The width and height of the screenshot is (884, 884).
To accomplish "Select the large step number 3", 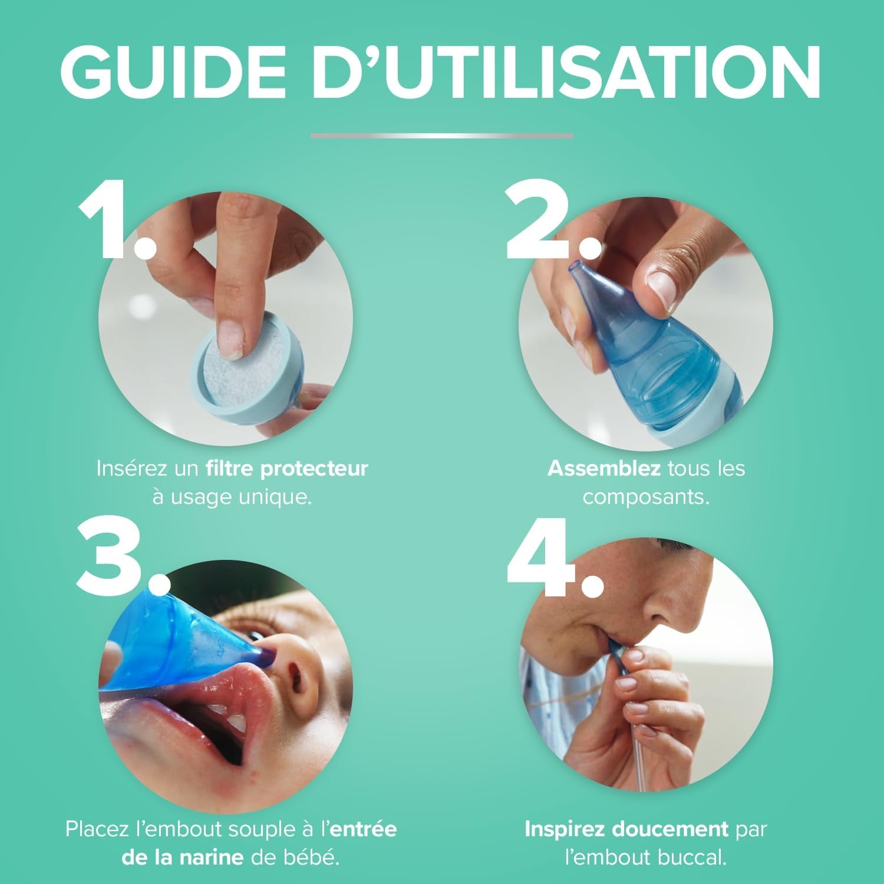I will click(118, 557).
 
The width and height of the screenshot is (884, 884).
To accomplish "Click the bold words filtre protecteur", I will click(287, 469).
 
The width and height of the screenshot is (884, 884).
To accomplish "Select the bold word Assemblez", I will click(603, 469).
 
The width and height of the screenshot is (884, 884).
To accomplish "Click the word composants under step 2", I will click(646, 497).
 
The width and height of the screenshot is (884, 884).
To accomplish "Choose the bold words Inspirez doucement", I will click(626, 829).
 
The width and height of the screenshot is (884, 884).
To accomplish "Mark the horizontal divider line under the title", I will click(442, 136).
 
